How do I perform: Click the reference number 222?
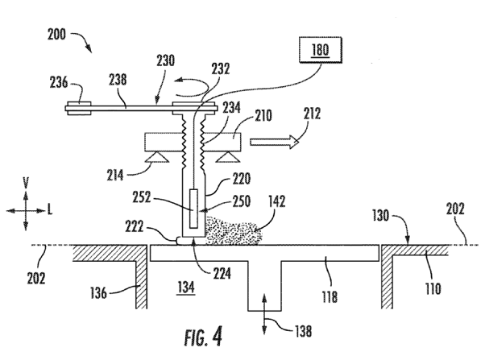[x=139, y=227]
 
